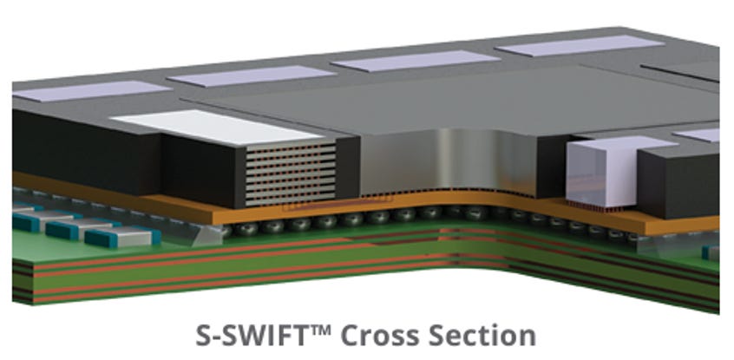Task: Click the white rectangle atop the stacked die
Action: click(x=216, y=127)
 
